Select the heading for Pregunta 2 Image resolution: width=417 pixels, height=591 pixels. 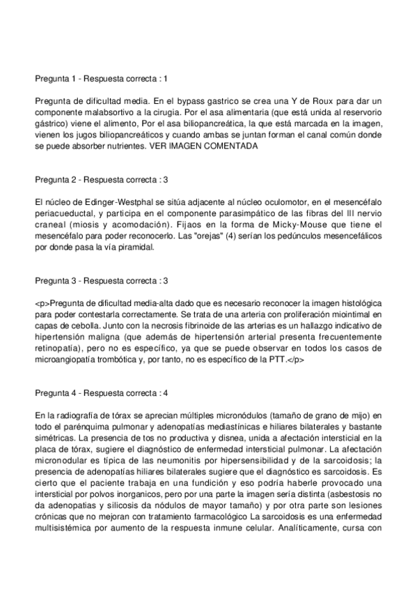(x=101, y=180)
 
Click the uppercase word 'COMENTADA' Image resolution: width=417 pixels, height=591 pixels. (x=233, y=146)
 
